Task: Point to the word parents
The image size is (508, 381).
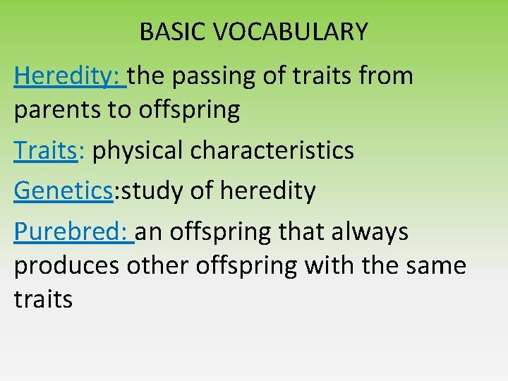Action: coord(50,110)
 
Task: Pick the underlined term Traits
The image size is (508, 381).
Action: coord(44,151)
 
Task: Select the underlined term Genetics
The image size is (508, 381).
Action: coord(63,190)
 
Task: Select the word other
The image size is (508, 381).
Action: coord(153,266)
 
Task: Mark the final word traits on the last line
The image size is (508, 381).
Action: coord(43,300)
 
